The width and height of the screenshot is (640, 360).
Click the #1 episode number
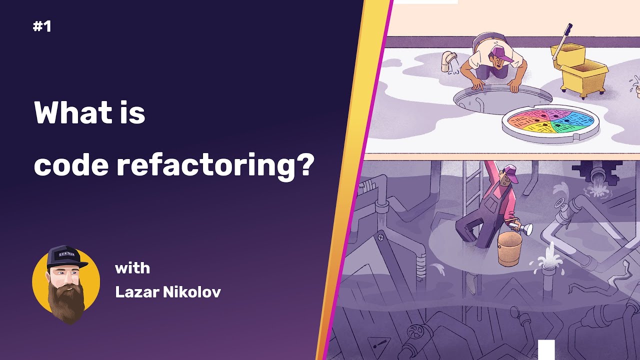pyautogui.click(x=42, y=26)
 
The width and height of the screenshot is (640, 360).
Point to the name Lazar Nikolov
pyautogui.click(x=168, y=292)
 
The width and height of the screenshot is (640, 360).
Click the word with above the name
pyautogui.click(x=132, y=268)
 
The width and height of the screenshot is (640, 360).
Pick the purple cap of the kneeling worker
pyautogui.click(x=501, y=54)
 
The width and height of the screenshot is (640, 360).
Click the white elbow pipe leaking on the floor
pyautogui.click(x=448, y=62)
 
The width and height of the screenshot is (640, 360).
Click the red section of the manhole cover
pyautogui.click(x=524, y=118)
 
